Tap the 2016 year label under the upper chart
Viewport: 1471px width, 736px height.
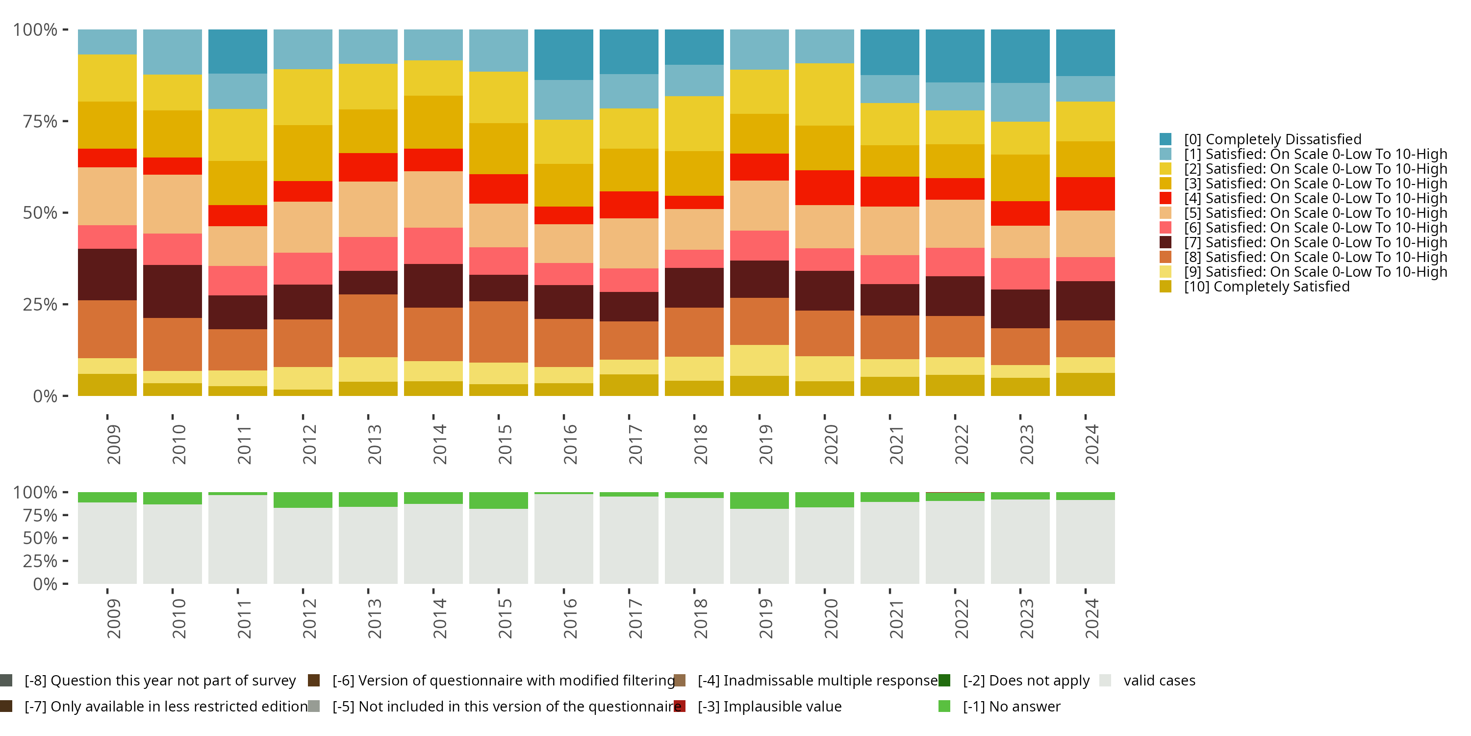pos(570,444)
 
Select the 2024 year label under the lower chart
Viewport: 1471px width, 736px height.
pos(1091,618)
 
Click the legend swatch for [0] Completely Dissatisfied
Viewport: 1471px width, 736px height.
pos(1166,139)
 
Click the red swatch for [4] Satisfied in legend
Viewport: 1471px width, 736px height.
pos(1166,198)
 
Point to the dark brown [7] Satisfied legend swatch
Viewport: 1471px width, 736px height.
pos(1166,242)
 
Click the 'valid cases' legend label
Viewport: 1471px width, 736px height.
pos(1159,681)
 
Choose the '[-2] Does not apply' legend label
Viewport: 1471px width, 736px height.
pos(1026,681)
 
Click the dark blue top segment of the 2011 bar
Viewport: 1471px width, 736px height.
pos(237,52)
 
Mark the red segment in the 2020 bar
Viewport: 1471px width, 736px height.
pos(825,187)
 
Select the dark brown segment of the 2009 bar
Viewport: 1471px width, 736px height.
pos(107,274)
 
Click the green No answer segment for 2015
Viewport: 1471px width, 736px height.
pos(499,500)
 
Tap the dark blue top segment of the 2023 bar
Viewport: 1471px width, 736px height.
pos(1020,56)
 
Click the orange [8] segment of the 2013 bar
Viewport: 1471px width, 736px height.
pos(368,326)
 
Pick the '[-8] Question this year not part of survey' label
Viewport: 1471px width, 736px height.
pos(160,681)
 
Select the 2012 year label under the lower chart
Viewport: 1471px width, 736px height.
pos(309,618)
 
